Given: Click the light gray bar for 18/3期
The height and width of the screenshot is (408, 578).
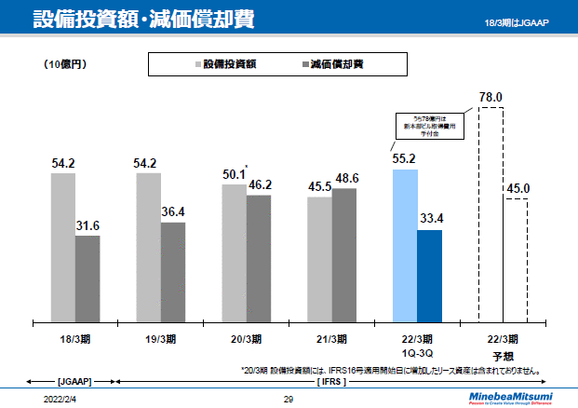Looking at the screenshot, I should point(63,247).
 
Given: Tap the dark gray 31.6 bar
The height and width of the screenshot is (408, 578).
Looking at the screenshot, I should point(87,278).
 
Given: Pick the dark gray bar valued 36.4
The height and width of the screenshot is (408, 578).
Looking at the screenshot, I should point(173,271).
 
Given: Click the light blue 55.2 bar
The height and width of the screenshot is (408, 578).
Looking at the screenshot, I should point(405,244).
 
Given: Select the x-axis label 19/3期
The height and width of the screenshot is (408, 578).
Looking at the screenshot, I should point(161,339).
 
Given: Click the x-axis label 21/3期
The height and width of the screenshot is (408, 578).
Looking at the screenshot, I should point(332,339).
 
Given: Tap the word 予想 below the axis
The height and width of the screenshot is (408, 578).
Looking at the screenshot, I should point(503,355).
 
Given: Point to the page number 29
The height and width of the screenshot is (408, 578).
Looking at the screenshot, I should point(289,399).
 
